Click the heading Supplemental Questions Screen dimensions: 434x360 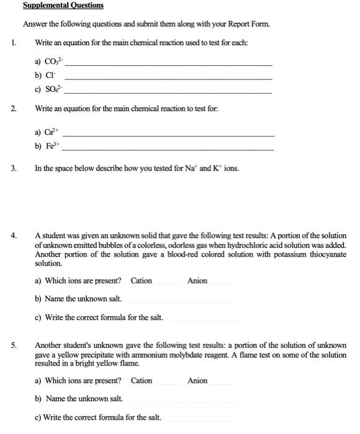pos(63,6)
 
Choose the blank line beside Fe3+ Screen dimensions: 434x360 pos(168,150)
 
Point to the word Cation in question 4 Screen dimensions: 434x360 pos(142,281)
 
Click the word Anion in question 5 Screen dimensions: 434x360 pos(197,381)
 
